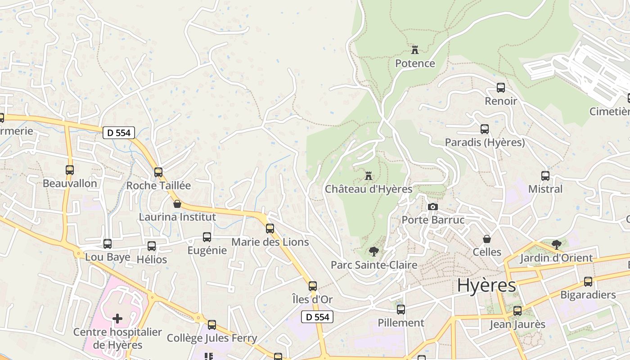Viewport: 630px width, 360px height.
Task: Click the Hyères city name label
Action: click(x=486, y=285)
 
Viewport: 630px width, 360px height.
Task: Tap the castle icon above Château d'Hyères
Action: click(x=369, y=175)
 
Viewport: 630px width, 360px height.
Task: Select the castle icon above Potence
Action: click(x=415, y=49)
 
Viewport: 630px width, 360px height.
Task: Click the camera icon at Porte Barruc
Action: click(x=433, y=207)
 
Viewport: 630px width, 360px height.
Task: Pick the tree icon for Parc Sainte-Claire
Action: click(x=373, y=252)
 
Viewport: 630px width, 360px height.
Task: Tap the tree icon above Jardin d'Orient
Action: click(x=557, y=245)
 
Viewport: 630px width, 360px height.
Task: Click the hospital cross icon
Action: click(x=117, y=319)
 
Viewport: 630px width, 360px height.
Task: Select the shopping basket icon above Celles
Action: click(x=486, y=238)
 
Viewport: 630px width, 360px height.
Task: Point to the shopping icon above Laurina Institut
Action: click(x=177, y=203)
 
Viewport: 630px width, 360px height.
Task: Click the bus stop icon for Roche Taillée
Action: click(x=158, y=172)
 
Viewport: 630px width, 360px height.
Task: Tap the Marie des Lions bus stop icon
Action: click(x=270, y=229)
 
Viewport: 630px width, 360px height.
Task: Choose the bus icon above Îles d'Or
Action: click(x=313, y=286)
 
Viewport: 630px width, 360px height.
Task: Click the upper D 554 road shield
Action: click(x=117, y=133)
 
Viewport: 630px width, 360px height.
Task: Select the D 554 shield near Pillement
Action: click(x=318, y=317)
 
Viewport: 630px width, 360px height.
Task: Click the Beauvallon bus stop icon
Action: click(x=70, y=170)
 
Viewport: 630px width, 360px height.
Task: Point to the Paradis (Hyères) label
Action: click(x=485, y=143)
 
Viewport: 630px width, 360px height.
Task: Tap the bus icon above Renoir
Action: click(x=500, y=88)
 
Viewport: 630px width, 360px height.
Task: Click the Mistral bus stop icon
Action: click(x=545, y=175)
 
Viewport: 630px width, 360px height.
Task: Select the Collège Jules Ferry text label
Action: click(x=212, y=338)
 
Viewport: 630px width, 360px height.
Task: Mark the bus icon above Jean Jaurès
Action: click(x=517, y=310)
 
